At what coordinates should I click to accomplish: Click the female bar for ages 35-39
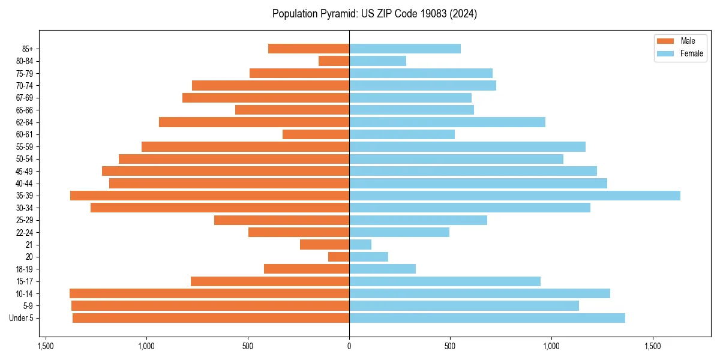[515, 196]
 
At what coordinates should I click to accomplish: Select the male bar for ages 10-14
[209, 293]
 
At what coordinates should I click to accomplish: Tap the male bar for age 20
[339, 257]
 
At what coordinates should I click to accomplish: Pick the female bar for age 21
[360, 245]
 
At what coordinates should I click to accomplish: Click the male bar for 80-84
[334, 61]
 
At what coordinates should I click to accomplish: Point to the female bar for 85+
[405, 49]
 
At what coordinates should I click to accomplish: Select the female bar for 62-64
[447, 122]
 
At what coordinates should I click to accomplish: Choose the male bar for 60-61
[316, 134]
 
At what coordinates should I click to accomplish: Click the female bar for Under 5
[487, 318]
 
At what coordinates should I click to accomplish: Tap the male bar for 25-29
[282, 220]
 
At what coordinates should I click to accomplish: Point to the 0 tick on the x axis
[349, 346]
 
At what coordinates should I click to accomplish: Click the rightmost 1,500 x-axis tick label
[653, 346]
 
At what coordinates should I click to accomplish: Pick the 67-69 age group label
[25, 98]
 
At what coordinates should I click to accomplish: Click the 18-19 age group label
[25, 269]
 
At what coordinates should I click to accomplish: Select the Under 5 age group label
[22, 318]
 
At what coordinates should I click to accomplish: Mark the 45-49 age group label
[25, 171]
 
